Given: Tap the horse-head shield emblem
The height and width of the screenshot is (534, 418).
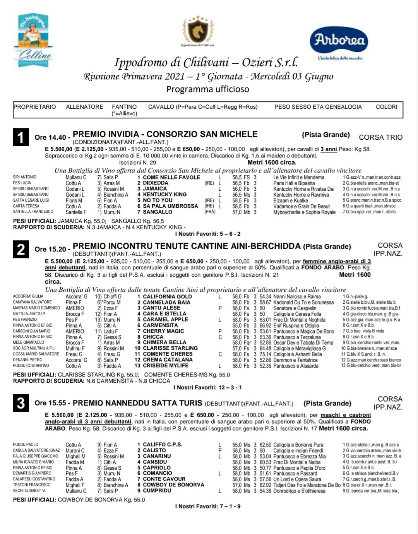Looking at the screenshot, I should click(198, 31).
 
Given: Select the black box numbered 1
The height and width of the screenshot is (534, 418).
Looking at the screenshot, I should click(21, 137).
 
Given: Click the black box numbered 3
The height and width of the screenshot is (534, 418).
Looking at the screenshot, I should click(21, 403).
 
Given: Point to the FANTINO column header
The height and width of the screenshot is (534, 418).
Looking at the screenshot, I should click(124, 107).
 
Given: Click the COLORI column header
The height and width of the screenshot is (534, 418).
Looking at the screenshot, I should click(386, 107).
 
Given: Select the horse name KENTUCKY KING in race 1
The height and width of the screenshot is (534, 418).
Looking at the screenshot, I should click(165, 195).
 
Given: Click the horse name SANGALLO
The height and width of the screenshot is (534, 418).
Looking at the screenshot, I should click(158, 212).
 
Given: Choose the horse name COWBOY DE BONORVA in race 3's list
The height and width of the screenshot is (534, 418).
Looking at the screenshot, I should click(173, 485).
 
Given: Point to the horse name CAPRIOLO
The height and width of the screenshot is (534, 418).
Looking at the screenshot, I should click(157, 467).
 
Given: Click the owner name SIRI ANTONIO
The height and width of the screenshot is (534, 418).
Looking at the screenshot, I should click(25, 177).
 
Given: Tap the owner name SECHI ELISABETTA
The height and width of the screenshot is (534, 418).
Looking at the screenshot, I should click(29, 491).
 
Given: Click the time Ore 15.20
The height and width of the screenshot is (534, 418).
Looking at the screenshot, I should click(50, 249).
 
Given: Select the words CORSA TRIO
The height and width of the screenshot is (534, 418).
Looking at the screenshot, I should click(380, 137).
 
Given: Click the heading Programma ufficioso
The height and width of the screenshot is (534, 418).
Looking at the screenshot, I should click(208, 89).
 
